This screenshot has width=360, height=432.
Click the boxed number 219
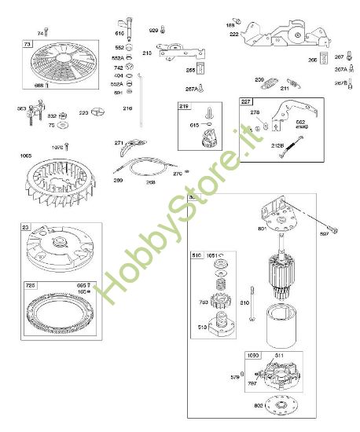coord(184,105)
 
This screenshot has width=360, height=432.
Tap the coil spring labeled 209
coord(270,83)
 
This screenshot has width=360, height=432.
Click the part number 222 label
coord(234,35)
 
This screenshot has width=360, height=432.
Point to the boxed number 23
coord(25,228)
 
